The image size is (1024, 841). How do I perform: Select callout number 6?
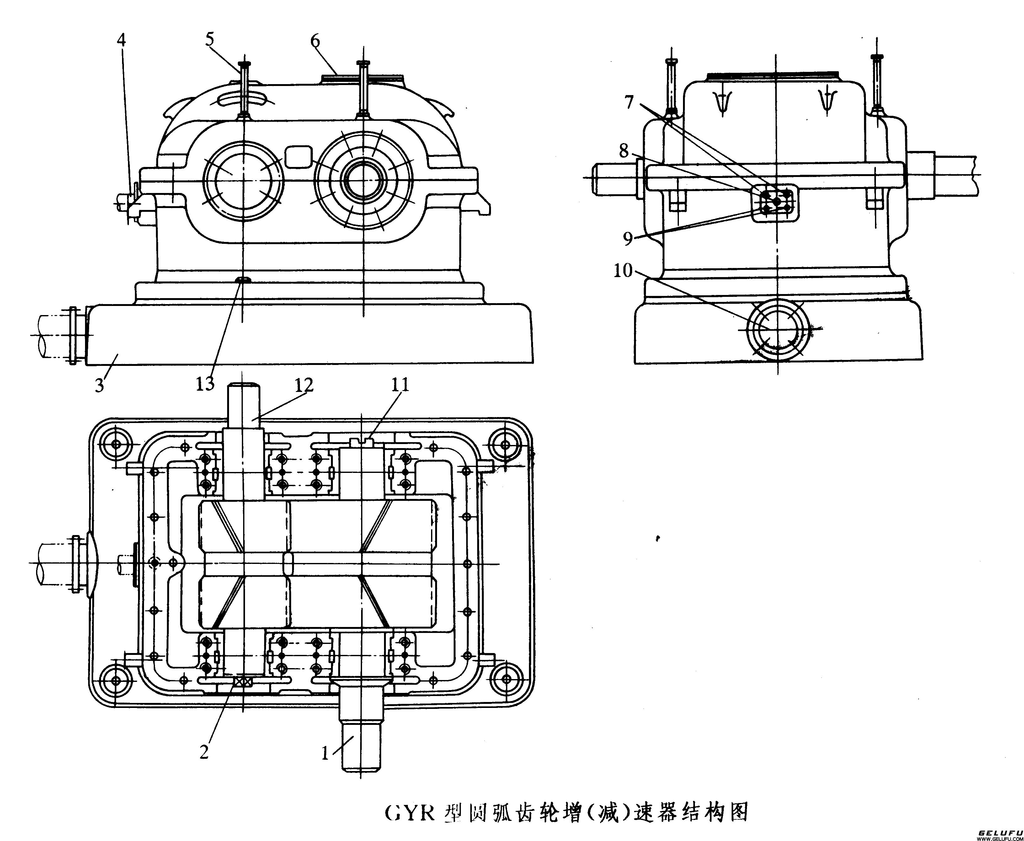coord(315,41)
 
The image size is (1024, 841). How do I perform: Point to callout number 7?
coord(629,103)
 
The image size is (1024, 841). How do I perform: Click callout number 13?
coord(205,384)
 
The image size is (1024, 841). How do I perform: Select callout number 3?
coord(99,386)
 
